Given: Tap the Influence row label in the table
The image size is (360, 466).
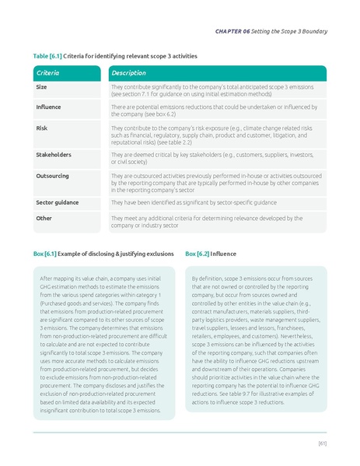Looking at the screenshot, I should click(48, 107).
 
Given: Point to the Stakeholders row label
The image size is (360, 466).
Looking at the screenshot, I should click(54, 155).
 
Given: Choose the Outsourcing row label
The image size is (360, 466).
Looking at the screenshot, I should click(53, 177).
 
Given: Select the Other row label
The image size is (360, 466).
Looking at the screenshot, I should click(44, 219).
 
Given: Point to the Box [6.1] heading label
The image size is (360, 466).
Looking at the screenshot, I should click(44, 254).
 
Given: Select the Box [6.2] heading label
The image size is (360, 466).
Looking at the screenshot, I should click(197, 254).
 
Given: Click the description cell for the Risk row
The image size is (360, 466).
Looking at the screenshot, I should click(210, 134).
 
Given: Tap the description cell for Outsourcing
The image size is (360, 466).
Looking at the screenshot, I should click(210, 183).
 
